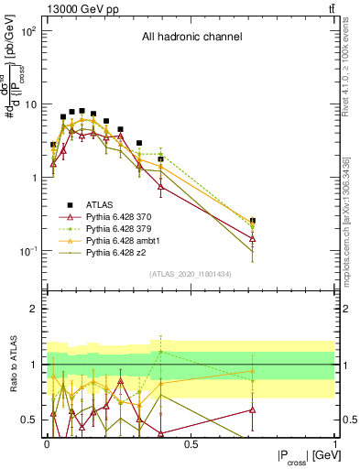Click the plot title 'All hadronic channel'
tap(191, 38)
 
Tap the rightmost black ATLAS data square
tap(252, 221)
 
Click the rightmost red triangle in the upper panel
tap(252, 238)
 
